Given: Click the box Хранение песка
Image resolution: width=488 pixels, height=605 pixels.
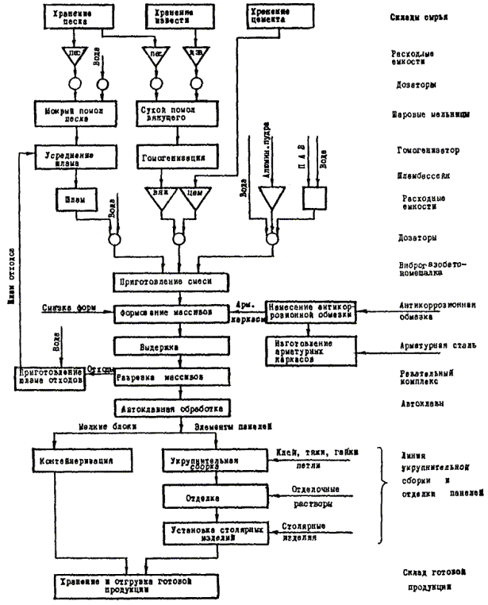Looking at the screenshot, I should (x=71, y=18).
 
